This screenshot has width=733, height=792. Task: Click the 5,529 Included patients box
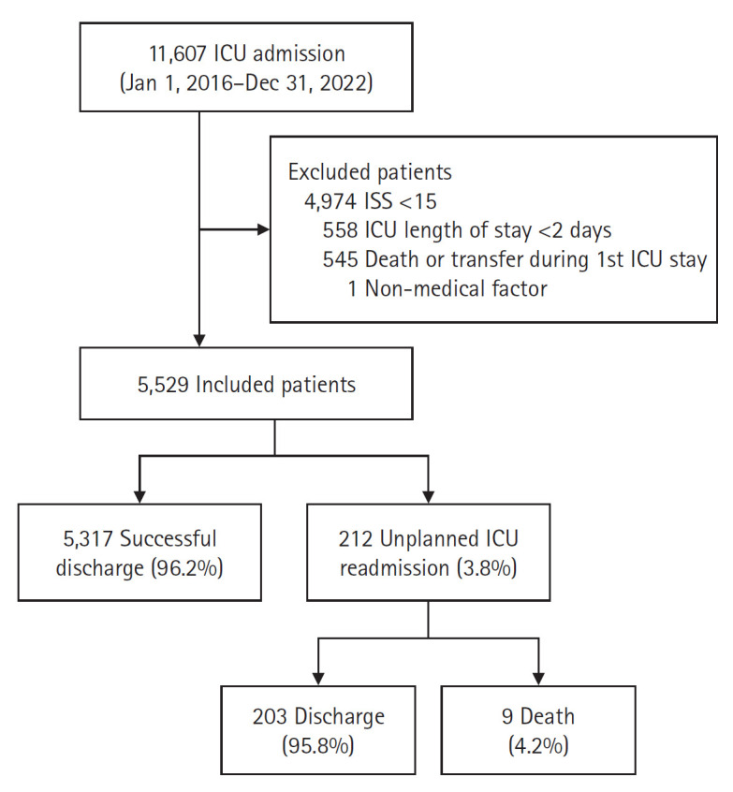point(274,383)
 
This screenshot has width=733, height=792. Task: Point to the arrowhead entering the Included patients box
point(198,338)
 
